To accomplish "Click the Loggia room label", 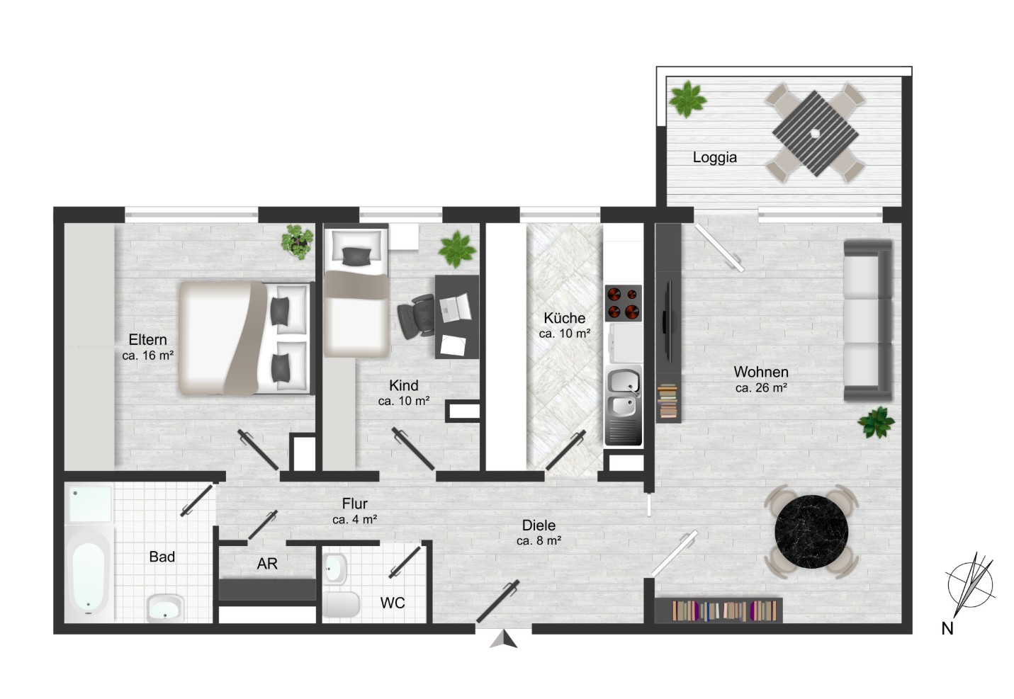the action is pos(714,157).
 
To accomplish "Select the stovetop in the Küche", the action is pos(623,302).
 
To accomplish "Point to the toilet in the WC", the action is pos(342,604).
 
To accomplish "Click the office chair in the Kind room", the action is pos(416,316).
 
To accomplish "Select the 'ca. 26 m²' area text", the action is pos(761,387).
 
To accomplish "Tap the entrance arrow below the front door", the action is pos(503,640).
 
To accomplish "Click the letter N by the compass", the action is pos(947,628).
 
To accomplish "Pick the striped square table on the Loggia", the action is pos(815,133).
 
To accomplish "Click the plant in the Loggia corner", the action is pos(687,99).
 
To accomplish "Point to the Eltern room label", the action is pos(147,339).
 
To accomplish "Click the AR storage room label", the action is pos(267,564).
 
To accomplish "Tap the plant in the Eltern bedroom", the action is pos(297,242).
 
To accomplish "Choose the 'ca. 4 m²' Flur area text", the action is pos(354,520).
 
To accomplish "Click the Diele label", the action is pos(539,525).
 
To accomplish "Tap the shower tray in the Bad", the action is pos(89,504).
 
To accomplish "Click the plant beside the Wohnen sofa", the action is pos(876,423).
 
